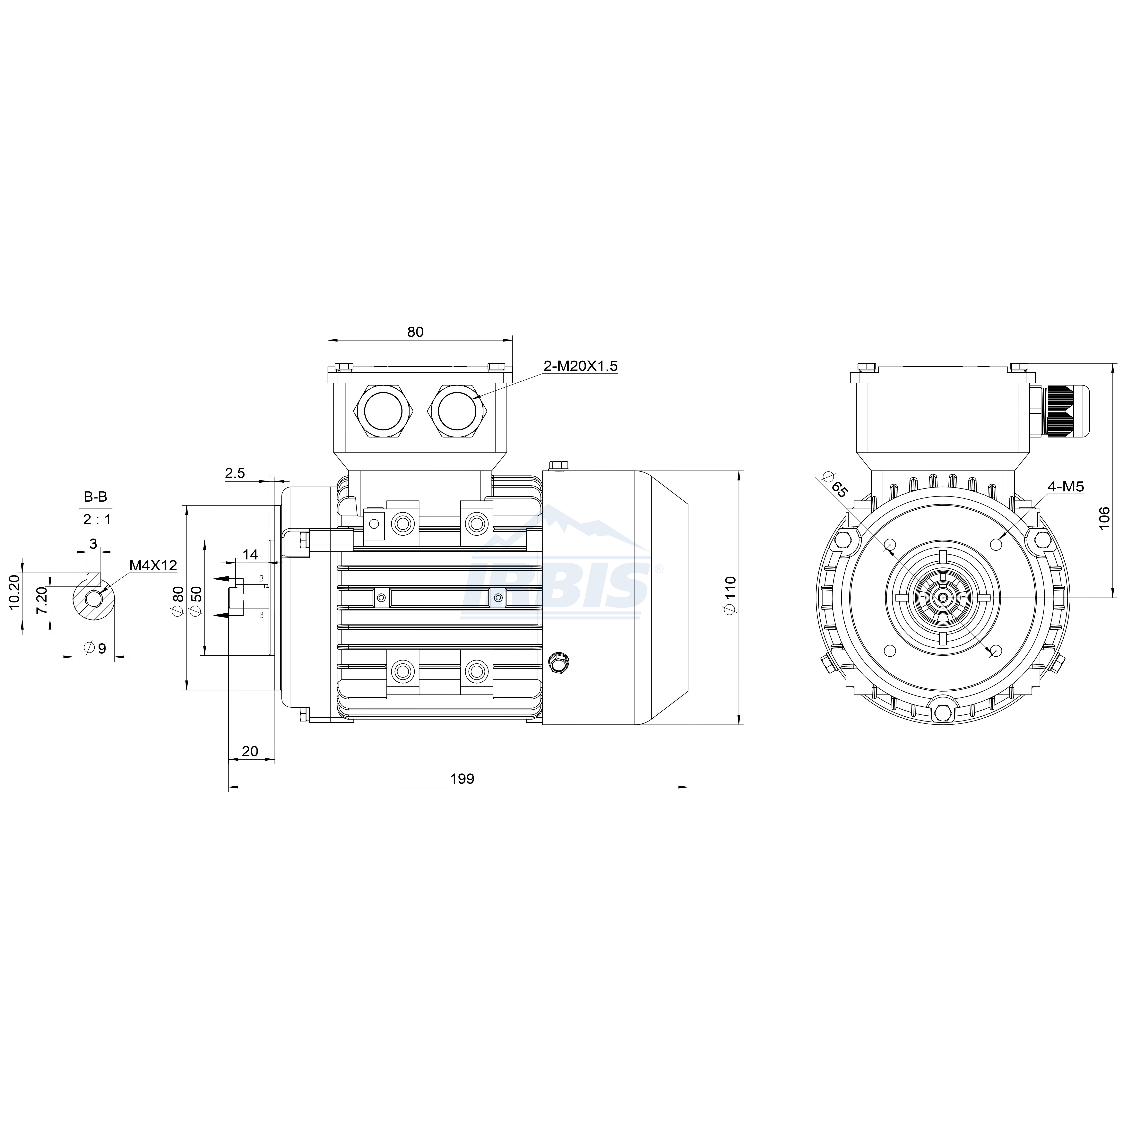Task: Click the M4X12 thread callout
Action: pos(153,565)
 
